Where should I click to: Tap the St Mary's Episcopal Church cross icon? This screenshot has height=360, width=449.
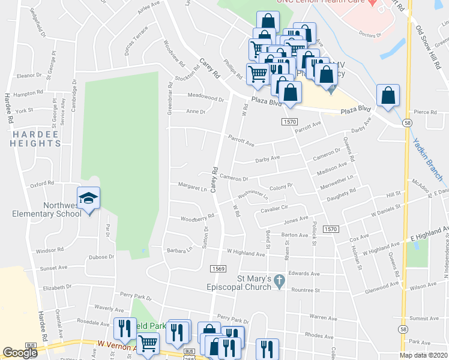tap(279, 280)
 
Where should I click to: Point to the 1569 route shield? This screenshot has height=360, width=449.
tap(218, 269)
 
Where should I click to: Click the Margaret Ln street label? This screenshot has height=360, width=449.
tap(192, 187)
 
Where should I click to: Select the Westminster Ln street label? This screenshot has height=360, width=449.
tap(252, 195)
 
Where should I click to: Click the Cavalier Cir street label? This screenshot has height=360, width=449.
tap(274, 208)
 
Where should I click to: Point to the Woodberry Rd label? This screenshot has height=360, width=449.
tap(197, 217)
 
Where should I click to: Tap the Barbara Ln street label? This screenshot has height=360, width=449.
tap(179, 249)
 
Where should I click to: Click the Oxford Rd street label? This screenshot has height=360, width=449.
tap(42, 184)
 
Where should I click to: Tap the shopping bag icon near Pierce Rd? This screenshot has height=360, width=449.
tap(388, 96)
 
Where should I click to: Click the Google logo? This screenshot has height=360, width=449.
tap(20, 353)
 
